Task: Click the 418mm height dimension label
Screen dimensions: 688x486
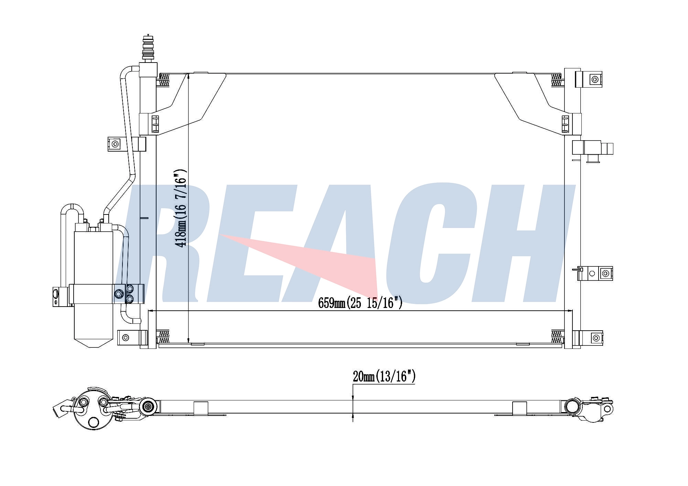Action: click(181, 208)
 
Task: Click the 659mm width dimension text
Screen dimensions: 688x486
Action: click(360, 302)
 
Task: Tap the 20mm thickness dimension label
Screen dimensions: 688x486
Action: click(384, 377)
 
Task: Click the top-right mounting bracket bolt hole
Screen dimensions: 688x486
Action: click(595, 80)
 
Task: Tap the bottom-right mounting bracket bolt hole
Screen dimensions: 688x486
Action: click(595, 338)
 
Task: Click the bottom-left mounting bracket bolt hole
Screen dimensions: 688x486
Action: click(125, 338)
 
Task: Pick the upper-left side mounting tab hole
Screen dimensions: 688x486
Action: click(115, 144)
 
